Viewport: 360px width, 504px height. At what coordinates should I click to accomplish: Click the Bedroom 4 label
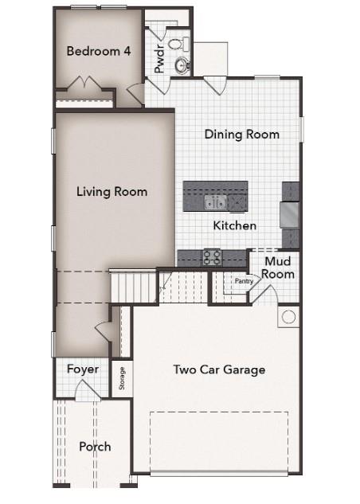[x=99, y=51]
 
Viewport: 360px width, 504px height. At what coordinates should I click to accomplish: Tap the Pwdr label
[x=158, y=59]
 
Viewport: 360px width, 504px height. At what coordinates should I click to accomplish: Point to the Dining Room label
[x=241, y=135]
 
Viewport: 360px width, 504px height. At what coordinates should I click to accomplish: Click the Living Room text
[x=112, y=191]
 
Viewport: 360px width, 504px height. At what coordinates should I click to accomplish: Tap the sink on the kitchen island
[x=214, y=202]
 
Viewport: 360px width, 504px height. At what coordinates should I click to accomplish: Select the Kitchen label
[x=235, y=226]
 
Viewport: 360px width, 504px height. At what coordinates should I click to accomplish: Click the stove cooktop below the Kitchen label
[x=212, y=256]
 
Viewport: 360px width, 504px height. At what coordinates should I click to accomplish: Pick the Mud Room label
[x=278, y=268]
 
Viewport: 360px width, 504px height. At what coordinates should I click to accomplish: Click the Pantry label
[x=242, y=280]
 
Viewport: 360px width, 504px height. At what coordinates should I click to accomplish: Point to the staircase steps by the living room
[x=132, y=284]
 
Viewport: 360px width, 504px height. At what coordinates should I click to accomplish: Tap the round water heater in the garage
[x=288, y=317]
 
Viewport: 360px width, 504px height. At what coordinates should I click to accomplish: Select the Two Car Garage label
[x=220, y=369]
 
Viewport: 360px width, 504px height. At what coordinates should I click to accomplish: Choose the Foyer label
[x=83, y=369]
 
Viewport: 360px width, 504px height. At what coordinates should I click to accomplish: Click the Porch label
[x=95, y=447]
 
